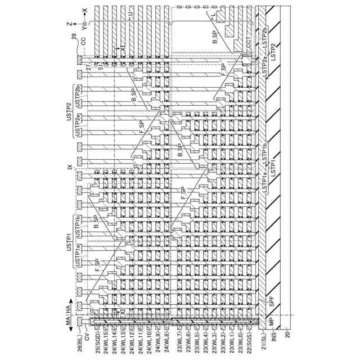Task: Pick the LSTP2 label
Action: tap(274, 52)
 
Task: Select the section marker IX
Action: tap(70, 167)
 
